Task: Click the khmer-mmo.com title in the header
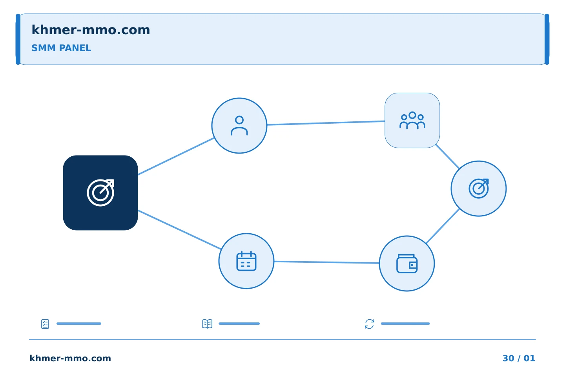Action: (x=91, y=30)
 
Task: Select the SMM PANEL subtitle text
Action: (x=61, y=48)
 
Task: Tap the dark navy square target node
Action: (x=100, y=193)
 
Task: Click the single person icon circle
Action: (x=239, y=126)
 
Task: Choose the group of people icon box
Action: (x=412, y=121)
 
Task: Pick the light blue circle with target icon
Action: (x=479, y=188)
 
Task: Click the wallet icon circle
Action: (x=407, y=264)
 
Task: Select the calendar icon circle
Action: (x=246, y=261)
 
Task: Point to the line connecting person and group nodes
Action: (x=326, y=123)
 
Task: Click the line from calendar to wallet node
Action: (x=326, y=262)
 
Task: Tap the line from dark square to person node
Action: (x=176, y=156)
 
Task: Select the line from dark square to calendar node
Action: (x=180, y=230)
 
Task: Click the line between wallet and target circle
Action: (x=443, y=226)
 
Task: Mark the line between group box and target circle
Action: (x=447, y=156)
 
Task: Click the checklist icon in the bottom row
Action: (x=45, y=324)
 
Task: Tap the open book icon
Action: (x=207, y=324)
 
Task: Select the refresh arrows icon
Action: (x=370, y=324)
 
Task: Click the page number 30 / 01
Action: (x=519, y=358)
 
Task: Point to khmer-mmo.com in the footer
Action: (x=70, y=358)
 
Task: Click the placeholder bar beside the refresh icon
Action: (x=405, y=324)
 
